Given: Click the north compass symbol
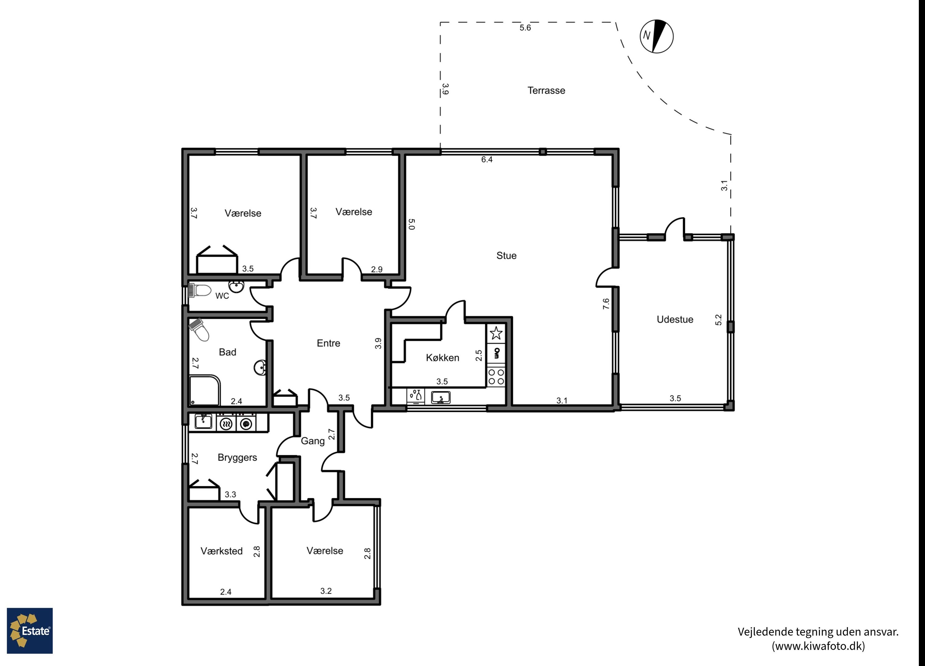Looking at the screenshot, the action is (656, 36).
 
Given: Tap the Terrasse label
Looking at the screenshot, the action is (546, 91).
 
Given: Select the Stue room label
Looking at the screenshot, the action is (506, 256).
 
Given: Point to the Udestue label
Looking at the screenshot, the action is (675, 319).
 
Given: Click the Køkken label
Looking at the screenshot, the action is (442, 358).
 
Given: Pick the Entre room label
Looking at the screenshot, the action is (328, 343).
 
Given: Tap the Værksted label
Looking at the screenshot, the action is (221, 551).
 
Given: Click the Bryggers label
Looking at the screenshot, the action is (237, 458).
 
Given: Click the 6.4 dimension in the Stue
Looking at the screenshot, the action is (487, 159).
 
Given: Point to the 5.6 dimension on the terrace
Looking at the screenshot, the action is (525, 28).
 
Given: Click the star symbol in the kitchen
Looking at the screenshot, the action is (496, 333).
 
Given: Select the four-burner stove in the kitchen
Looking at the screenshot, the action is (496, 377).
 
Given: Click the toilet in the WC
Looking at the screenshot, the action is (199, 291).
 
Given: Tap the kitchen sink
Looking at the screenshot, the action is (441, 397).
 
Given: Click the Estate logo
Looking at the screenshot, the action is (30, 631).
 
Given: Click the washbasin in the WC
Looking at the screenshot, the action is (236, 287).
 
